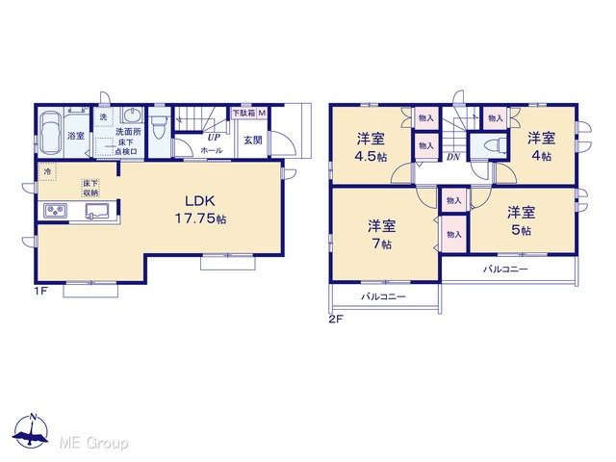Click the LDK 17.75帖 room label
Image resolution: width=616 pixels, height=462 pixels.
200,210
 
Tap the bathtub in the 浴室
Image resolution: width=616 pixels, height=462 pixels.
51,134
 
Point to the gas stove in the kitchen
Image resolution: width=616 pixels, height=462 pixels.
55,211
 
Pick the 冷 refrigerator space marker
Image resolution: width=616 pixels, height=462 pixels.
47,171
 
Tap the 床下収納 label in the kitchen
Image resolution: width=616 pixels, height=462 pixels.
90,188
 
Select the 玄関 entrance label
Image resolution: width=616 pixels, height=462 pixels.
252,141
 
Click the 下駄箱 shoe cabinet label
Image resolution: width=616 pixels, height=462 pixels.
244,114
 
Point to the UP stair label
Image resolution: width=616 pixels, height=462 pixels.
214,138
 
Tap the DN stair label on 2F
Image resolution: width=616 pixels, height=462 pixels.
453,157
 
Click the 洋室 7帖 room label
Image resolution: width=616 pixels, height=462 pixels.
381,235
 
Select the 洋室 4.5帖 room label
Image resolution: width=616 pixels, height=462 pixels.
371,147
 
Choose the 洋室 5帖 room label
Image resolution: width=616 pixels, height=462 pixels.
521,220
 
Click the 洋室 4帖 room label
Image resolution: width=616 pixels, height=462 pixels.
541,146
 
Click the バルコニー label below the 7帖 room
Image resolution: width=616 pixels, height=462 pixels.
383,296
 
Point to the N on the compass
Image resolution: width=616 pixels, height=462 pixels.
34,417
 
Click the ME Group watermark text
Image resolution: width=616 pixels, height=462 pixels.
94,444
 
